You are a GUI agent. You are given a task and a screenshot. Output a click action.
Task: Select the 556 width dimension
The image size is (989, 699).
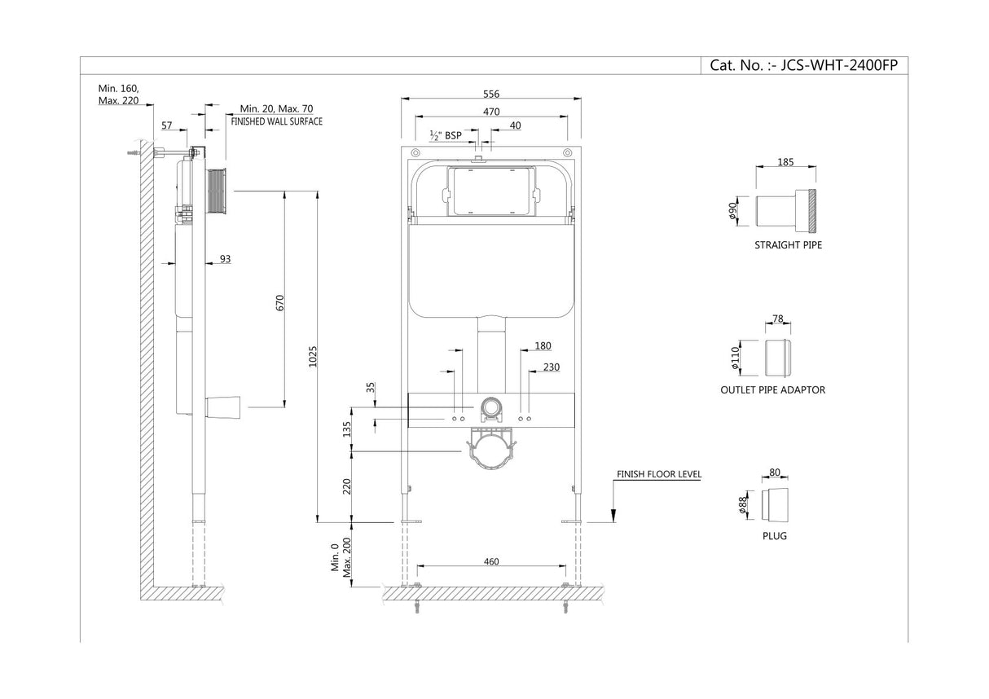(x=490, y=94)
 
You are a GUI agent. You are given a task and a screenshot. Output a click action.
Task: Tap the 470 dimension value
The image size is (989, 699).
(x=490, y=112)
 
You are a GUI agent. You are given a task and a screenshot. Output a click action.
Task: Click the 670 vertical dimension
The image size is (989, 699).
(x=281, y=302)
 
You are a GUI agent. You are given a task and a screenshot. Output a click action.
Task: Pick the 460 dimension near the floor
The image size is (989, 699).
(x=490, y=561)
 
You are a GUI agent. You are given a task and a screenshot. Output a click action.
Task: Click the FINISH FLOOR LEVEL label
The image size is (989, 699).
(x=658, y=474)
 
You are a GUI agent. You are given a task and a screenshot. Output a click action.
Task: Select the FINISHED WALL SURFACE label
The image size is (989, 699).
(x=276, y=121)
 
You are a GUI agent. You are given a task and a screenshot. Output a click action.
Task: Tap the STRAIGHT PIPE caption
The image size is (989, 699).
(x=788, y=245)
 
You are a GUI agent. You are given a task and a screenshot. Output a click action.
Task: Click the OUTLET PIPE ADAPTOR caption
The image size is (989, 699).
(x=772, y=390)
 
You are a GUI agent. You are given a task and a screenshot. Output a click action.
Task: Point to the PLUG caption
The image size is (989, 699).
(x=775, y=536)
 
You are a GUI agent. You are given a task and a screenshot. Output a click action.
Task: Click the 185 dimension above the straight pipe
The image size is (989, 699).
(x=785, y=163)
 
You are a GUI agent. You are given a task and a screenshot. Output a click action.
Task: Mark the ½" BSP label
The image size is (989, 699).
(x=445, y=135)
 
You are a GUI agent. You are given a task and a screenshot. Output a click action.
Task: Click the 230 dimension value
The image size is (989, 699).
(x=551, y=367)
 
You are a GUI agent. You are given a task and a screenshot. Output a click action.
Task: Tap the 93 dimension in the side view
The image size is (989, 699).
(x=225, y=259)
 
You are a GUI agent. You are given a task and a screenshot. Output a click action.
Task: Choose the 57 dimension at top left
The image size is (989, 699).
(x=166, y=125)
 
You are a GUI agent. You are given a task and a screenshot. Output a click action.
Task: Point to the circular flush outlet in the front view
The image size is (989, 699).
(x=490, y=407)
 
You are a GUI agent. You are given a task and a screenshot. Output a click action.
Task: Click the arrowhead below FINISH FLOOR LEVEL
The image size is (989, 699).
(x=613, y=515)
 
